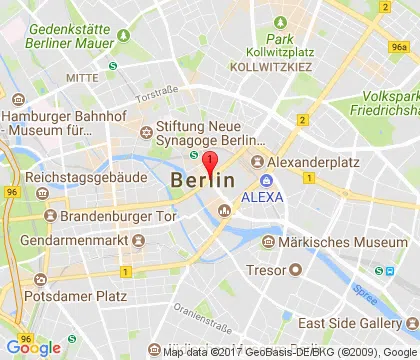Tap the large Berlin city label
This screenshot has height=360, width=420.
coord(203,181)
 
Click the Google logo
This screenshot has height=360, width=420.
coord(32,348)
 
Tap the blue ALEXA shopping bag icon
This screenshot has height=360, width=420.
coord(267,181)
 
